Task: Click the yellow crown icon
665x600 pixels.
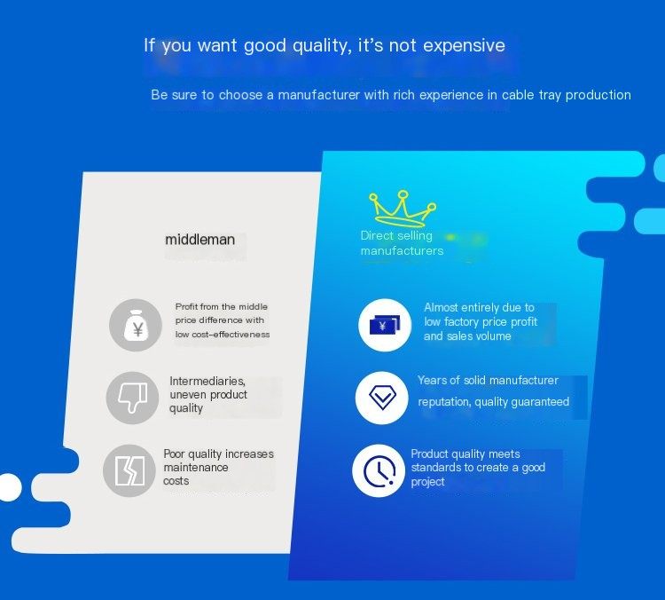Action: click(402, 209)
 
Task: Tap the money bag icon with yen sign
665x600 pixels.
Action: click(136, 325)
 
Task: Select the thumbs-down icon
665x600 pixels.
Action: click(133, 398)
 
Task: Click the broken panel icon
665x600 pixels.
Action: click(129, 471)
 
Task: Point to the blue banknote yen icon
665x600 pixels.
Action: click(385, 325)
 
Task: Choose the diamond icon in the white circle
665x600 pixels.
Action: click(382, 398)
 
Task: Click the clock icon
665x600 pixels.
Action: click(379, 470)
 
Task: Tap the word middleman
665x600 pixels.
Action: click(199, 240)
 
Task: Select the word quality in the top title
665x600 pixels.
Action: click(322, 45)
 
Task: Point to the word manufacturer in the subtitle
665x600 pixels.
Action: click(318, 95)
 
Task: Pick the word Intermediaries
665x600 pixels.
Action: click(207, 381)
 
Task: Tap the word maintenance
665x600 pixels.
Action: click(196, 468)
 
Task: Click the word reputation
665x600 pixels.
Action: click(444, 402)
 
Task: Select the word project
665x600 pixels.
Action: click(427, 482)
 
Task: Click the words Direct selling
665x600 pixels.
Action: click(396, 236)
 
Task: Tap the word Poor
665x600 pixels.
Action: click(174, 454)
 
